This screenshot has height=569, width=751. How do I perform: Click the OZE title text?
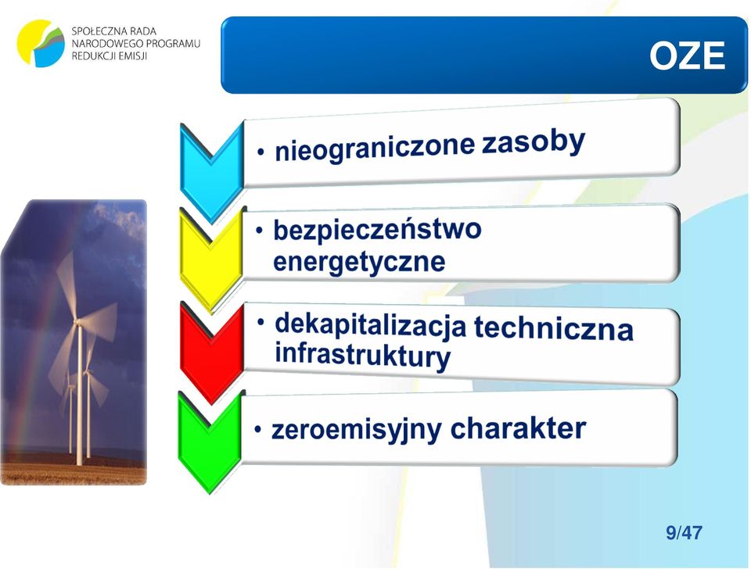[687, 55]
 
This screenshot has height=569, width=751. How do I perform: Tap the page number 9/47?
[684, 532]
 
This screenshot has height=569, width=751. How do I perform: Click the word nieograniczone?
[375, 149]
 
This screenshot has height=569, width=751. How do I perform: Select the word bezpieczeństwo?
[377, 229]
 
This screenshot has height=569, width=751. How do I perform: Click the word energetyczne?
[359, 262]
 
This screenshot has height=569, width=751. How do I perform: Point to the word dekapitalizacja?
[370, 325]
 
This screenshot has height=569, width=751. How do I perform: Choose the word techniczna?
[554, 327]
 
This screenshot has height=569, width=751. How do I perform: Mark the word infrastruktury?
[362, 356]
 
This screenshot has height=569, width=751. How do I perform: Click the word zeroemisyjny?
[357, 429]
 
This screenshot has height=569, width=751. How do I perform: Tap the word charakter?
[518, 428]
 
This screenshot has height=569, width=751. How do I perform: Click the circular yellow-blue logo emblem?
[41, 43]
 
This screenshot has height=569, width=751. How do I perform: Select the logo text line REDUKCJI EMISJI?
[110, 56]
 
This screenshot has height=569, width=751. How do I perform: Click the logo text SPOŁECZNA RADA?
[114, 31]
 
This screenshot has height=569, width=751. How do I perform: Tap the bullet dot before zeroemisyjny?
[258, 429]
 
